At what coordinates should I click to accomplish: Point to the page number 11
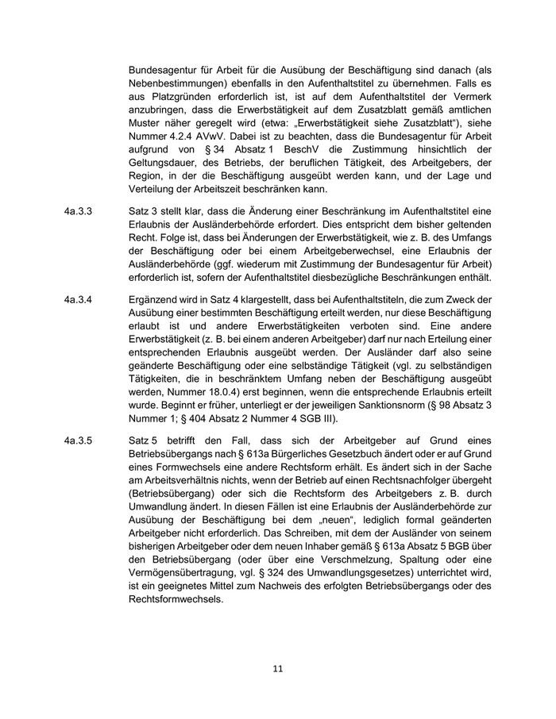(277, 668)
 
